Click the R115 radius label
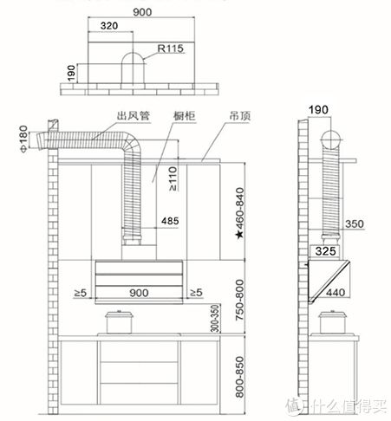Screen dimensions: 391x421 pyautogui.click(x=171, y=49)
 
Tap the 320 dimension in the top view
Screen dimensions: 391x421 pyautogui.click(x=109, y=26)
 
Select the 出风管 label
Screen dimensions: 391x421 pyautogui.click(x=134, y=116)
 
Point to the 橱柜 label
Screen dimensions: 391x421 pyautogui.click(x=185, y=116)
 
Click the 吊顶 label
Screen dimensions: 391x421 pyautogui.click(x=240, y=116)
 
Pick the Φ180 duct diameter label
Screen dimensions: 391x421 pyautogui.click(x=23, y=139)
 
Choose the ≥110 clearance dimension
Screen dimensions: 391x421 pyautogui.click(x=173, y=178)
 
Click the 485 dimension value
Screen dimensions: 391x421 pyautogui.click(x=170, y=221)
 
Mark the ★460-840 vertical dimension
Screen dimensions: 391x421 pyautogui.click(x=240, y=213)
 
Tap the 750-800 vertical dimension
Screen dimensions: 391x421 pyautogui.click(x=240, y=300)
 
